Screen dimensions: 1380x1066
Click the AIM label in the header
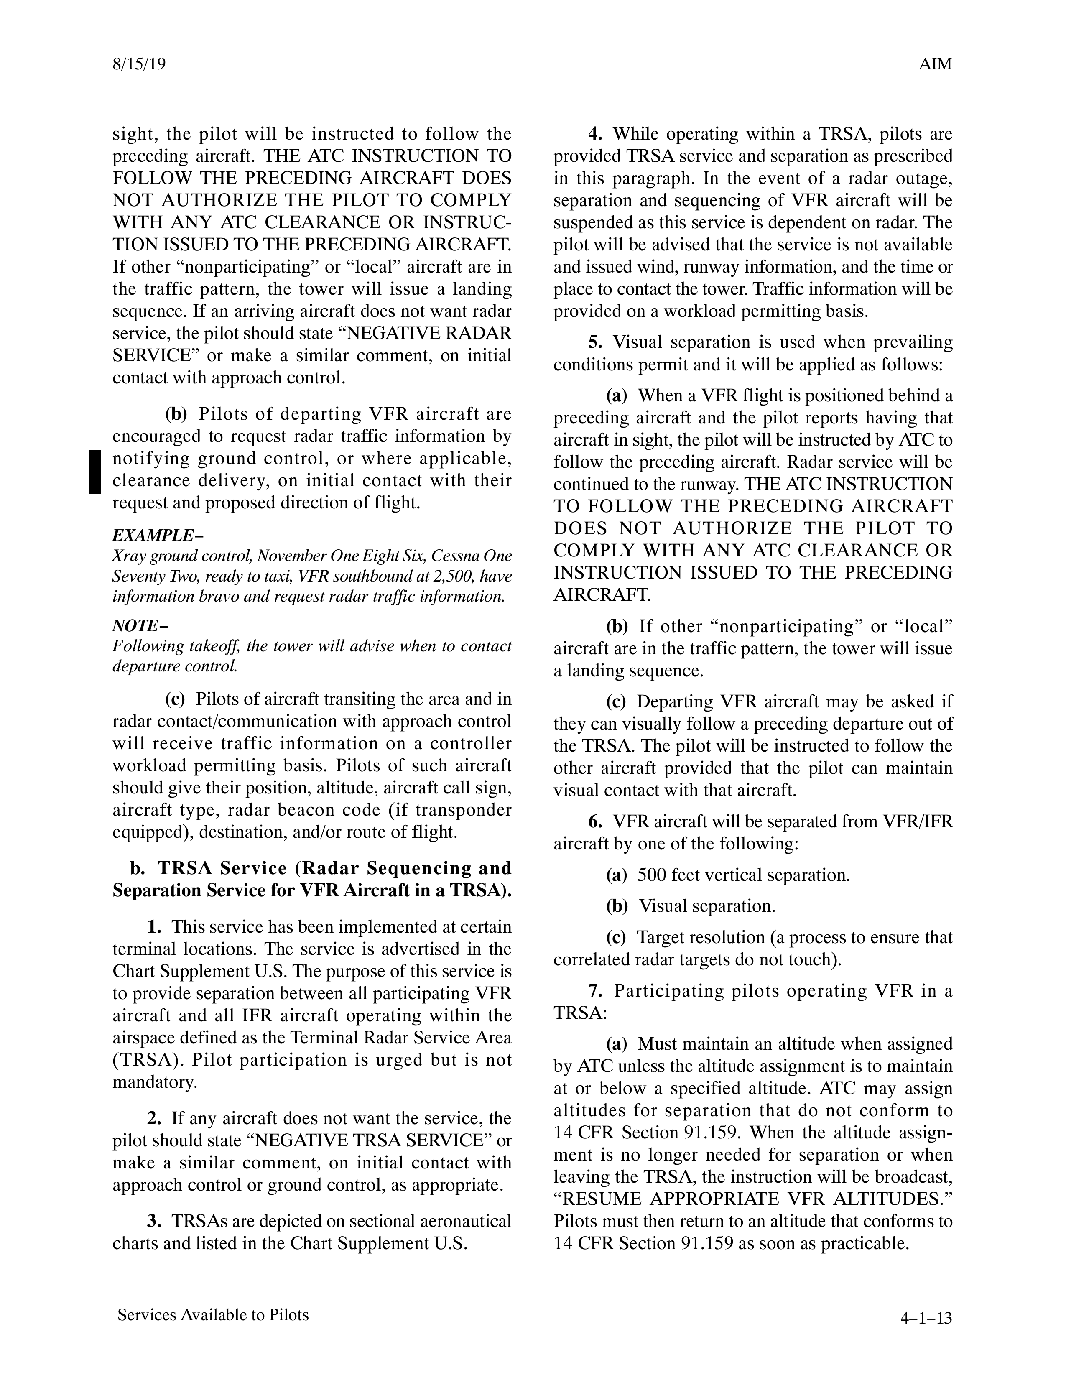pyautogui.click(x=935, y=64)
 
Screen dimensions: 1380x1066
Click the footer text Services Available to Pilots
pyautogui.click(x=213, y=1315)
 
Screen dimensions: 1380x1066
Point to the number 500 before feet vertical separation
pyautogui.click(x=651, y=875)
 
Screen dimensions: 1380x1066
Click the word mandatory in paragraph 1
pyautogui.click(x=155, y=1082)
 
